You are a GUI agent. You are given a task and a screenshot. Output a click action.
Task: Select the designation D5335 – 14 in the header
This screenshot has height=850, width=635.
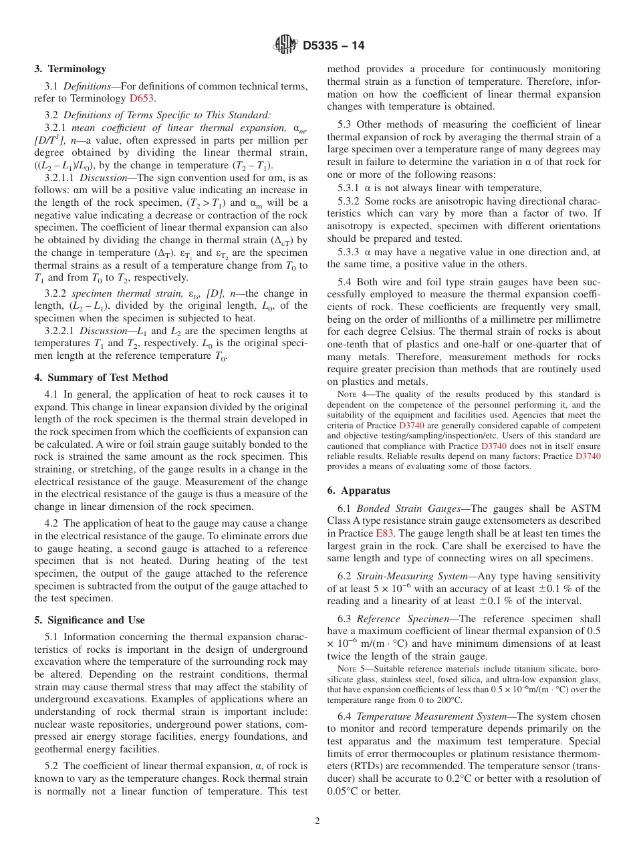[x=334, y=46]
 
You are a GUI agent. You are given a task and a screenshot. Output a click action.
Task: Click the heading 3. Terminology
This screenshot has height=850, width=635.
[x=70, y=69]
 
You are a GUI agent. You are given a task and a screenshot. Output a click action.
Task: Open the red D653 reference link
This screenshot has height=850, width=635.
[x=142, y=98]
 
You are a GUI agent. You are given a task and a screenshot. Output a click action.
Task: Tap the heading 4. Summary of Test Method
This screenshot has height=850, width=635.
[x=101, y=378]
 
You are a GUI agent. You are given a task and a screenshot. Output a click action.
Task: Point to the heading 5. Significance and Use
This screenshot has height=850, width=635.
[x=90, y=620]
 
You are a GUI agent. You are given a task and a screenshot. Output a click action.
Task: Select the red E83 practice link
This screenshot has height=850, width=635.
[x=384, y=533]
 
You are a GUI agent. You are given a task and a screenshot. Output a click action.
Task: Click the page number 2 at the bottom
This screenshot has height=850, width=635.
[x=317, y=821]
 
